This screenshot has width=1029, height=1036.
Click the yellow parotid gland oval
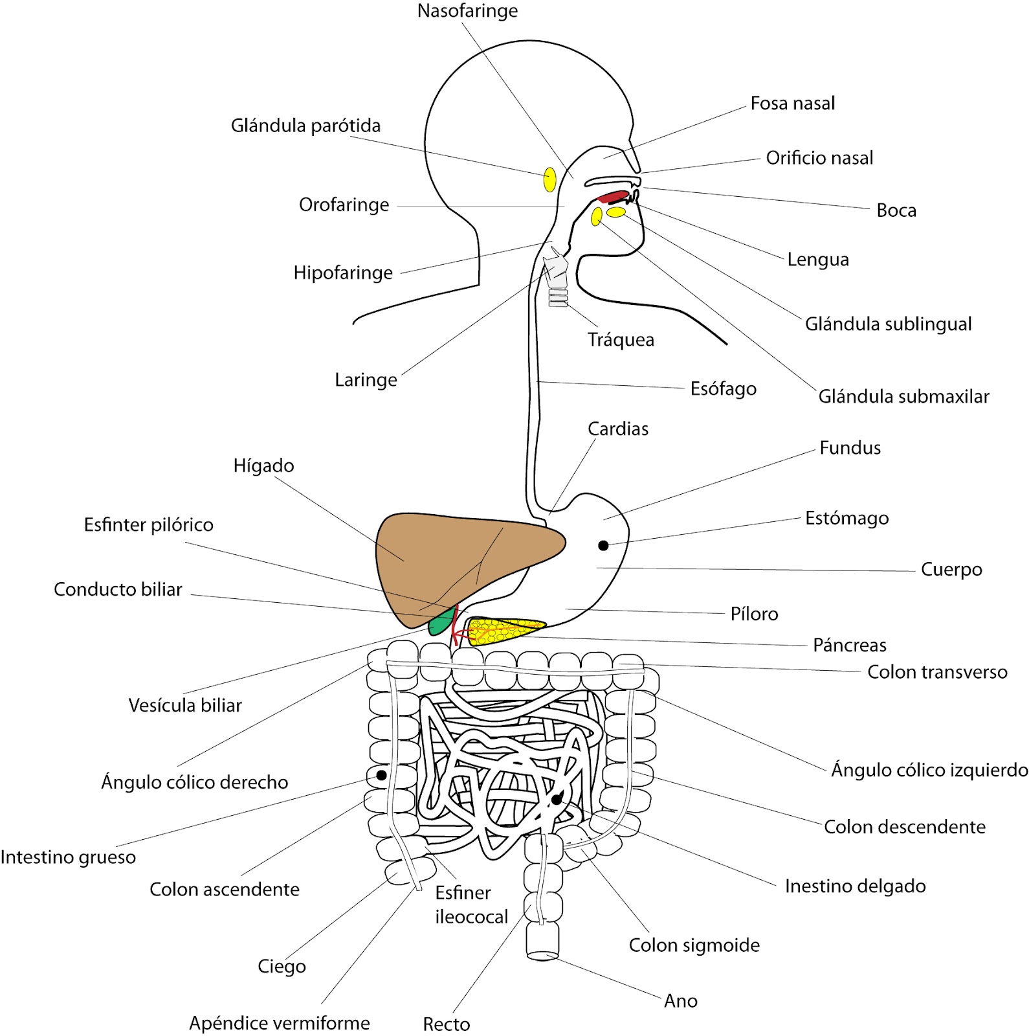pyautogui.click(x=549, y=179)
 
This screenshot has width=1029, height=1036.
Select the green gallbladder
pyautogui.click(x=441, y=623)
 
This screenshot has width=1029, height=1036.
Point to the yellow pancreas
pyautogui.click(x=505, y=631)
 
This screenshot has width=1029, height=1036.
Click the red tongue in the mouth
pyautogui.click(x=612, y=197)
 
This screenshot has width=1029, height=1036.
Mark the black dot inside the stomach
pyautogui.click(x=603, y=546)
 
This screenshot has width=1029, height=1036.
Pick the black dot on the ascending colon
pyautogui.click(x=382, y=775)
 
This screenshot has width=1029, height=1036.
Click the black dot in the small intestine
pyautogui.click(x=557, y=800)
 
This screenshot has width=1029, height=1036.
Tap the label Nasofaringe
pyautogui.click(x=467, y=11)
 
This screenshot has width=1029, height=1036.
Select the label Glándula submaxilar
pyautogui.click(x=903, y=396)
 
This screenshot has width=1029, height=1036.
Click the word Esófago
pyautogui.click(x=723, y=388)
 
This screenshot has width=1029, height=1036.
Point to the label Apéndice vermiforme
pyautogui.click(x=280, y=1023)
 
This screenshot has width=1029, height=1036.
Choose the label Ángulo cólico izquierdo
pyautogui.click(x=929, y=770)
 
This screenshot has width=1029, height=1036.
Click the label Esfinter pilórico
pyautogui.click(x=149, y=524)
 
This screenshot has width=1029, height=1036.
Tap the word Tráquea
pyautogui.click(x=621, y=340)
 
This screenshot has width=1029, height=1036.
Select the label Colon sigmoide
pyautogui.click(x=694, y=945)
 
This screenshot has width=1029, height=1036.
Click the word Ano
pyautogui.click(x=681, y=1001)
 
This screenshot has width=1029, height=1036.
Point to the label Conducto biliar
pyautogui.click(x=118, y=589)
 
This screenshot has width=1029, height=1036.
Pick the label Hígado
pyautogui.click(x=263, y=466)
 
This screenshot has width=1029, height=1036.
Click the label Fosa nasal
pyautogui.click(x=793, y=104)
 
